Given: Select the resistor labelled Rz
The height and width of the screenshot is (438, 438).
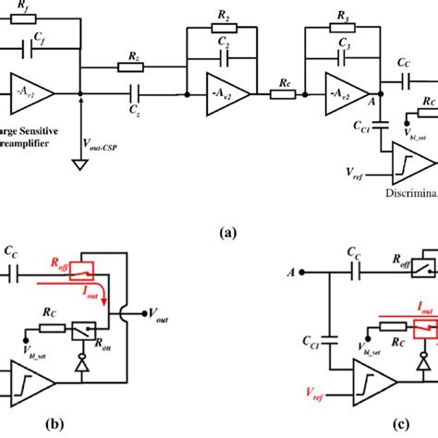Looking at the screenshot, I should (128, 67).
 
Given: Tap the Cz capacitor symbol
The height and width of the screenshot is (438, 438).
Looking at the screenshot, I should (136, 92).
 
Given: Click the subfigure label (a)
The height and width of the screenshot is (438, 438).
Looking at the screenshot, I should (225, 234).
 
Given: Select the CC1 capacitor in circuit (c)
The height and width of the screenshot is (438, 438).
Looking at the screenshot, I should (334, 351).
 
